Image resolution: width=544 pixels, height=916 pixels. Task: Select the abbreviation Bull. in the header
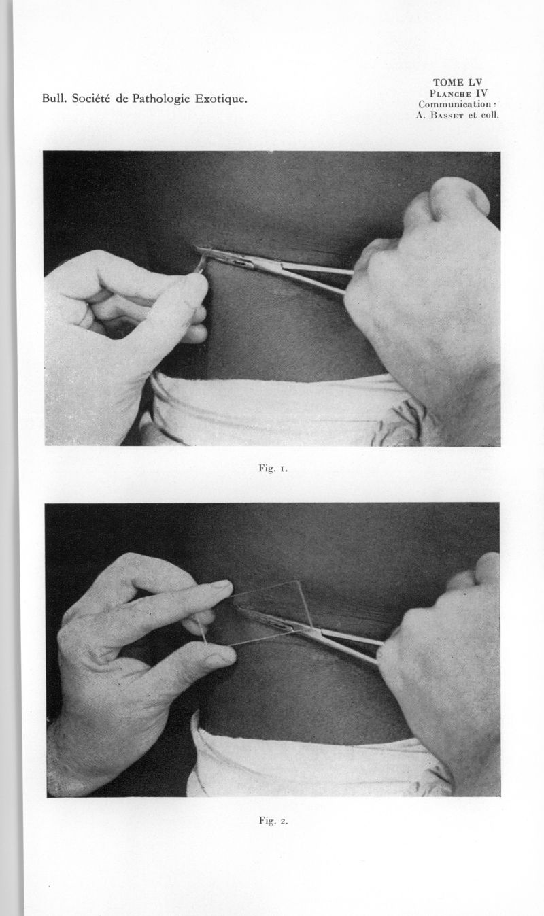(54, 99)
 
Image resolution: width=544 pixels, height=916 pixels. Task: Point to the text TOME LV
(458, 82)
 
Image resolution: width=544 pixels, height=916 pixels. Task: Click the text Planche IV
(458, 93)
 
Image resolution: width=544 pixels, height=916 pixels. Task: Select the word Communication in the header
(454, 104)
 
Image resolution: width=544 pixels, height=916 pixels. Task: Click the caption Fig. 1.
(273, 469)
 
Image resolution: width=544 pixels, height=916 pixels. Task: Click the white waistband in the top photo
(278, 409)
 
